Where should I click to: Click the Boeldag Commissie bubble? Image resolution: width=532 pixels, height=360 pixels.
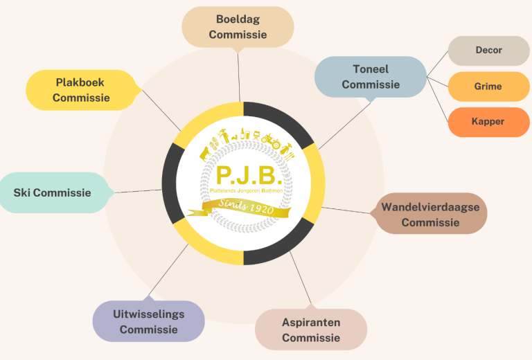tap(238, 27)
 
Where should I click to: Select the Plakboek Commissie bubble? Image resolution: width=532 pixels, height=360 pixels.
tap(81, 90)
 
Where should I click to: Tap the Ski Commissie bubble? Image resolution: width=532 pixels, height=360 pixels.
tap(53, 192)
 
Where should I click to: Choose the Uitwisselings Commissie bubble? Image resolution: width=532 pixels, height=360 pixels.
tap(148, 321)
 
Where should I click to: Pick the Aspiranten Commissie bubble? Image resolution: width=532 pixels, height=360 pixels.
tap(311, 330)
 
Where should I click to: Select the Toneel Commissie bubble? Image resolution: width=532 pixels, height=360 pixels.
tap(371, 77)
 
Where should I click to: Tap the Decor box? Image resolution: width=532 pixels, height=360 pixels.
tap(488, 51)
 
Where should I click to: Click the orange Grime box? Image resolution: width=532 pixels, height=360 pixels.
tap(488, 87)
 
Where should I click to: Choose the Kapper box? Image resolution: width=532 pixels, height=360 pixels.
tap(488, 122)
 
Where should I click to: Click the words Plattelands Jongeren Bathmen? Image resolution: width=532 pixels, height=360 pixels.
tap(243, 189)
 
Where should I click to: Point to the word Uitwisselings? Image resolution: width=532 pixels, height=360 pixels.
tap(148, 314)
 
